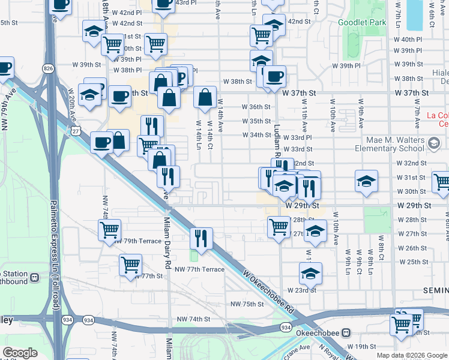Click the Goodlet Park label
(x=362, y=22)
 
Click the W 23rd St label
(x=301, y=290)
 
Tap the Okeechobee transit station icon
(x=346, y=332)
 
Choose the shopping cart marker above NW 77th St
(x=130, y=264)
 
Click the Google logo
(x=20, y=353)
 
